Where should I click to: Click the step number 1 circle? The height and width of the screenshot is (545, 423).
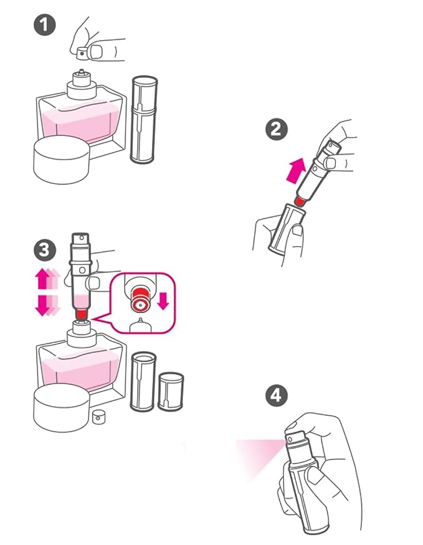point(44,25)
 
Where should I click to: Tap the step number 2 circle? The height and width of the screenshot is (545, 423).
point(277,129)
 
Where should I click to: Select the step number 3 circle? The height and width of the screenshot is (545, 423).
point(45,250)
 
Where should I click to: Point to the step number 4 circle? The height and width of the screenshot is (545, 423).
point(277,395)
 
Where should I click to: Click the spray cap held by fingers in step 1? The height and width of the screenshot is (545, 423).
point(83,53)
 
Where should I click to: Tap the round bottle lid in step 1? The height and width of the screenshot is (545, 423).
point(62,160)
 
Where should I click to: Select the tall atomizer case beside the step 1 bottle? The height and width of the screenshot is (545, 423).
point(144,120)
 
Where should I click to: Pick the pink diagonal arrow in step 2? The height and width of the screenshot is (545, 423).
point(296,170)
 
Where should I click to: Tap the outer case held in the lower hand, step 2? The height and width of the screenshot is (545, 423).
point(287,228)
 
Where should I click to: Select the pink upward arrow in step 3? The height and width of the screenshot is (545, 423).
point(47,278)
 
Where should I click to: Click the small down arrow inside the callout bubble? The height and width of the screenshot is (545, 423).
point(163,301)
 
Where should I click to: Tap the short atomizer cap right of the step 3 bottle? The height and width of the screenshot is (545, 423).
point(171,392)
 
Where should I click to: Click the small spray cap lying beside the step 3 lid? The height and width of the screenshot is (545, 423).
point(99,417)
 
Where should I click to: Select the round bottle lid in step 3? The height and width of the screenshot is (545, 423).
point(62,408)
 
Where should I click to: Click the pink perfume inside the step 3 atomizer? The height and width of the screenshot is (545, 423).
point(82,301)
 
